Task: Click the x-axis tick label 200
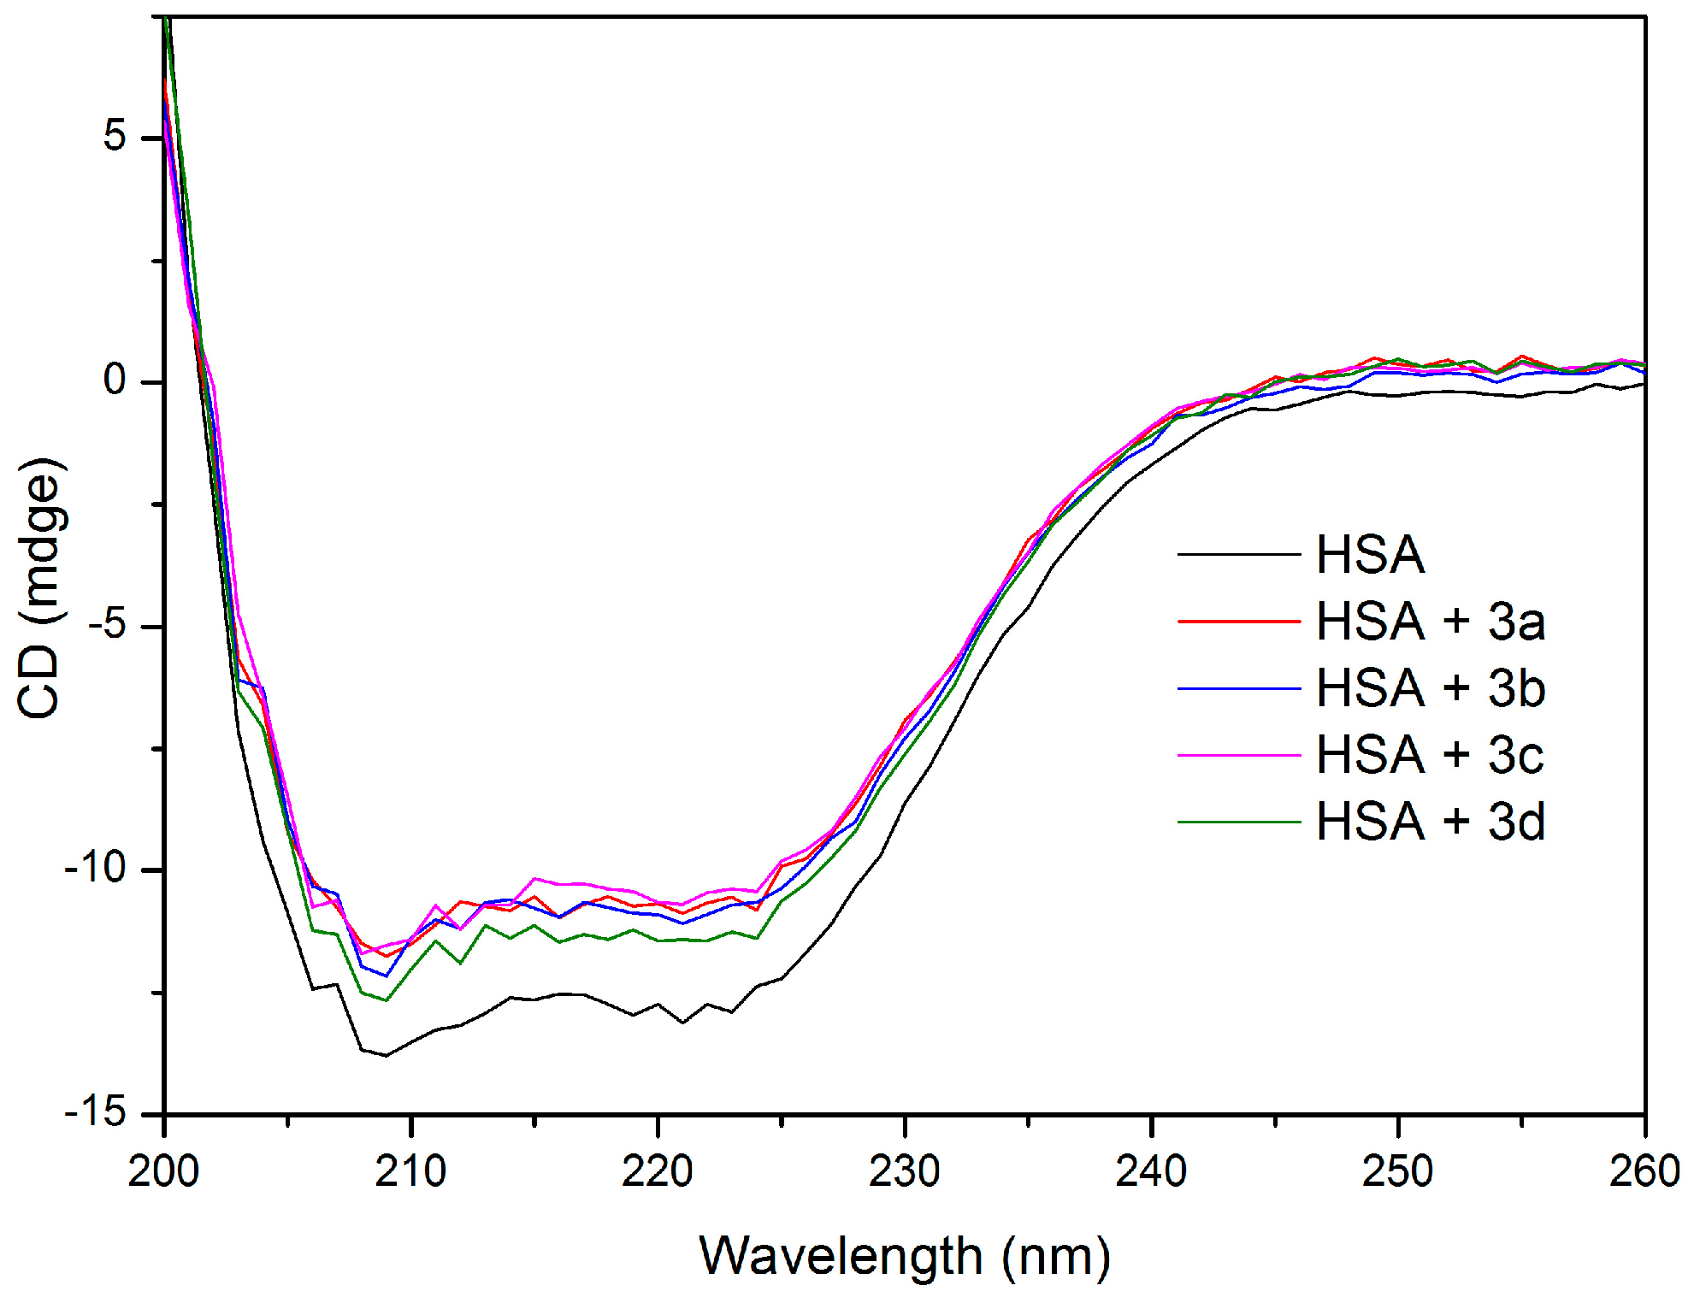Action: pyautogui.click(x=163, y=1171)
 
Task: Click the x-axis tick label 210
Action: pyautogui.click(x=410, y=1171)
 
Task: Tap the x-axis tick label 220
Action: pyautogui.click(x=657, y=1171)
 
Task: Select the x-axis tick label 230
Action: pyautogui.click(x=904, y=1171)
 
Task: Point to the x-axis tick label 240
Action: pyautogui.click(x=1151, y=1171)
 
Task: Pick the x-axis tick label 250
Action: pyautogui.click(x=1397, y=1171)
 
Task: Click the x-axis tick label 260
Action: pyautogui.click(x=1644, y=1171)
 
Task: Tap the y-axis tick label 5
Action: pyautogui.click(x=115, y=137)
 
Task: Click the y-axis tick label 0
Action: pyautogui.click(x=115, y=380)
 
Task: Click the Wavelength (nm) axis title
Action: pyautogui.click(x=904, y=1257)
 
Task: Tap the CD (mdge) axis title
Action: pyautogui.click(x=41, y=588)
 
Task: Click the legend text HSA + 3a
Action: pyautogui.click(x=1430, y=622)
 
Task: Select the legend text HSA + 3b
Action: pyautogui.click(x=1430, y=688)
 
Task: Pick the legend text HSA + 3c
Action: pyautogui.click(x=1430, y=755)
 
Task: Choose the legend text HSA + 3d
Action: pyautogui.click(x=1430, y=822)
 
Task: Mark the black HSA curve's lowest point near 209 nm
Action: pyautogui.click(x=386, y=1055)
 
